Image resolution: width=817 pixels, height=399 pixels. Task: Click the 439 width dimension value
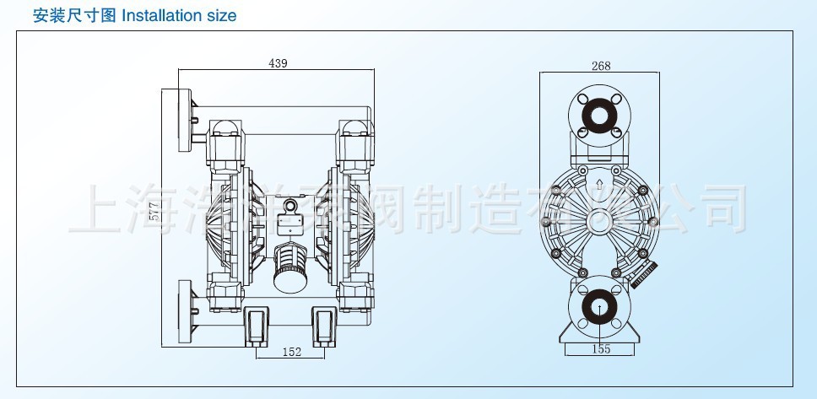tap(278, 63)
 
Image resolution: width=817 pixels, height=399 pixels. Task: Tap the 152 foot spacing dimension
tap(290, 352)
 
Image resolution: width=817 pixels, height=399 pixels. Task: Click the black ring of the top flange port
tap(599, 116)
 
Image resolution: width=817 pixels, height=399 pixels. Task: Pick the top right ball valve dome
tap(354, 129)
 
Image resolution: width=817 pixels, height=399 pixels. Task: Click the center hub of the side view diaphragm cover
tap(599, 221)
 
